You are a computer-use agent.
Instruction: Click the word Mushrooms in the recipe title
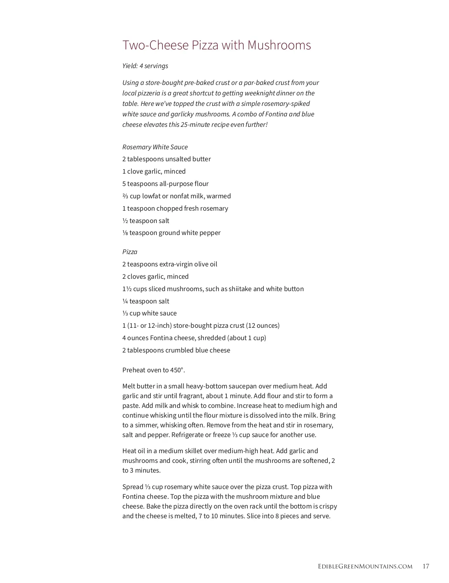point(279,45)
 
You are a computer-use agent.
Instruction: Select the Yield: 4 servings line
point(145,66)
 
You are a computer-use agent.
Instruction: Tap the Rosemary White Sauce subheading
point(155,147)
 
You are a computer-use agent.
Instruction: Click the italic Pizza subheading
point(130,252)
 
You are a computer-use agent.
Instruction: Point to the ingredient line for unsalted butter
point(167,159)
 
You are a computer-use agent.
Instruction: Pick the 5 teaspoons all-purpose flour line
point(165,184)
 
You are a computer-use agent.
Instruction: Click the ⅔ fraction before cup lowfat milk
point(125,196)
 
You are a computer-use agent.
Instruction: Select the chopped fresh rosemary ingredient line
point(175,208)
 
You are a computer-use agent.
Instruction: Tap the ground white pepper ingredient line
point(171,233)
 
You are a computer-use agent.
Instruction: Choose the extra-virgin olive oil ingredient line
point(169,264)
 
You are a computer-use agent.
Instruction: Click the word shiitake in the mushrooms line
point(239,289)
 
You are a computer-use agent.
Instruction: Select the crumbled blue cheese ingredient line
point(176,350)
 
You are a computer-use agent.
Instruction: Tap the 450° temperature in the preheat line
point(178,370)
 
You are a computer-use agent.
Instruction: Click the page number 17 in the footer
point(426,566)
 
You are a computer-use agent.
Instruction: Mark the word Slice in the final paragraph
point(254,516)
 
